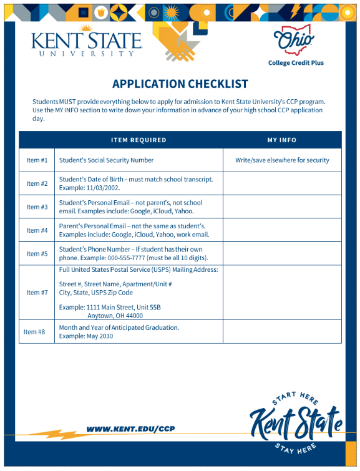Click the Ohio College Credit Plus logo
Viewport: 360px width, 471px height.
tap(296, 46)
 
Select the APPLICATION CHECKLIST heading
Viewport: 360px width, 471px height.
tap(180, 84)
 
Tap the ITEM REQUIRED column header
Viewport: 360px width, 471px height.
tap(139, 140)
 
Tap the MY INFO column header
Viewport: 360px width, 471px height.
tap(282, 140)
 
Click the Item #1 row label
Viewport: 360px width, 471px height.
tap(37, 160)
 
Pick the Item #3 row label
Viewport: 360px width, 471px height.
tap(37, 207)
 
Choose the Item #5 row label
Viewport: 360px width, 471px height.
tap(37, 254)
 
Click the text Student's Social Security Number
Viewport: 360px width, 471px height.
tap(106, 160)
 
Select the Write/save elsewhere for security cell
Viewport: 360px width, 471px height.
tap(282, 160)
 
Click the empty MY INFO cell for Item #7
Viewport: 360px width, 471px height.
tap(282, 293)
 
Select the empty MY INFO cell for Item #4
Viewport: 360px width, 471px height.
tap(282, 230)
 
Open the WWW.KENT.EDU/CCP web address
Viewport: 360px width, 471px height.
tap(130, 429)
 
